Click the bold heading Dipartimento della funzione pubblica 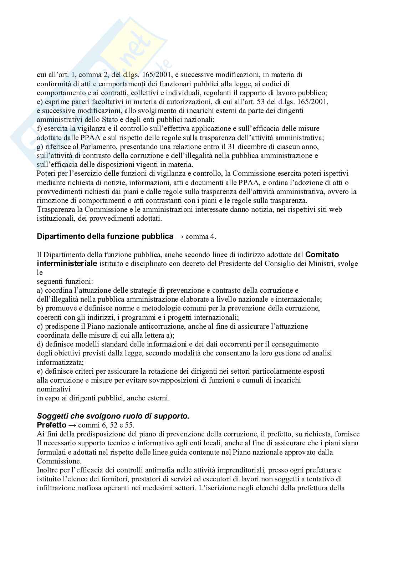click(105, 236)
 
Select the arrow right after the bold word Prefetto click(72, 425)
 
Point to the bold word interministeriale click(67, 263)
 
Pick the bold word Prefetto click(51, 425)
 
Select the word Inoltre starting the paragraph click(47, 470)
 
